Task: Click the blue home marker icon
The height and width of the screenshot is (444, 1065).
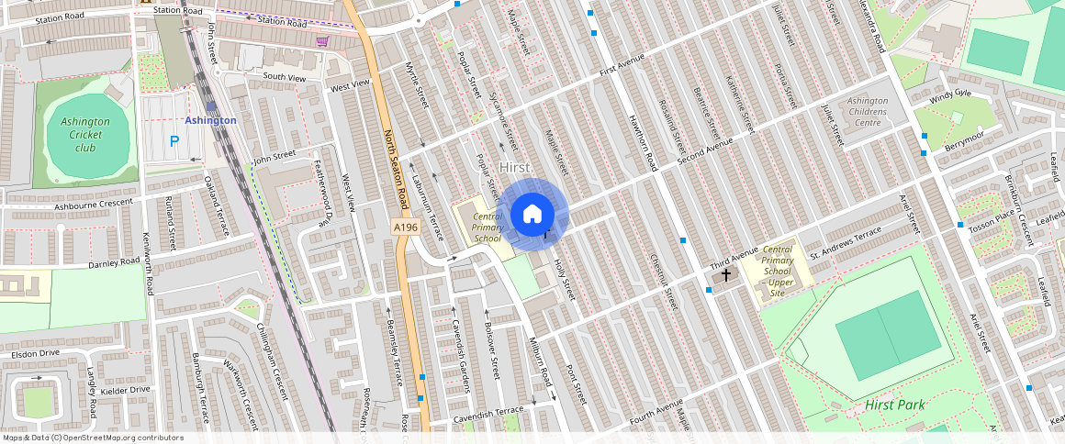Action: click(x=532, y=215)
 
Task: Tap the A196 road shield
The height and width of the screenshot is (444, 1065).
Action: click(x=406, y=228)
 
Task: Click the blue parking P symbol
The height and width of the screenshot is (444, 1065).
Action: click(x=174, y=142)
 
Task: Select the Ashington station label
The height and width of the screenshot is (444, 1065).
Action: click(x=210, y=120)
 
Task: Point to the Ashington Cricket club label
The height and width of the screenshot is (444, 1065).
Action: click(x=85, y=135)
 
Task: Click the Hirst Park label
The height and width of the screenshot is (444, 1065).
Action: click(x=894, y=405)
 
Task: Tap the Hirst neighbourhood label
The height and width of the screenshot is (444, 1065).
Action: click(x=516, y=168)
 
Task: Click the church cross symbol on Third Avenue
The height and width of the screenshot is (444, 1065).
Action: click(x=726, y=274)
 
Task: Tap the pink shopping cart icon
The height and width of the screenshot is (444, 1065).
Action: click(x=322, y=40)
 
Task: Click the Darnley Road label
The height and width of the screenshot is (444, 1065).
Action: click(x=114, y=264)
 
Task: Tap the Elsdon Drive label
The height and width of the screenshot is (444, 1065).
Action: click(x=35, y=353)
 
